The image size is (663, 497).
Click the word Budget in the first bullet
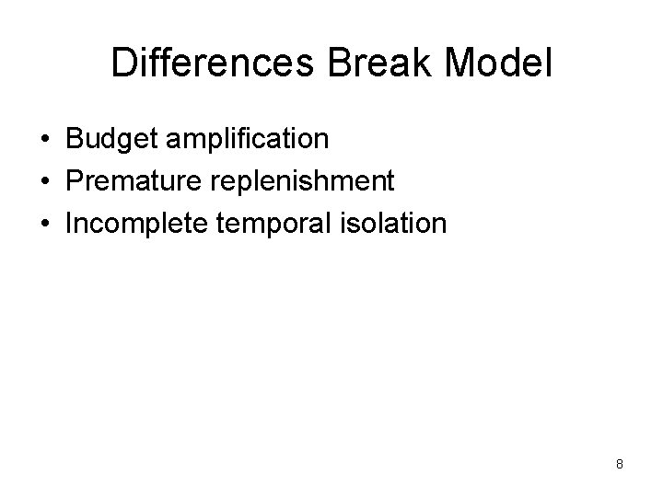point(110,140)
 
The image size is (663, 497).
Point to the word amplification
point(246,141)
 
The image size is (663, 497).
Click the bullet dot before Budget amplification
point(45,141)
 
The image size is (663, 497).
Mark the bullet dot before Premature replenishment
point(45,182)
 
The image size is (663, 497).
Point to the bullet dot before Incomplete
point(45,224)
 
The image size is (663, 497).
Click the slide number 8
point(620,464)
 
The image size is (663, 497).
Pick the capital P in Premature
point(74,181)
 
